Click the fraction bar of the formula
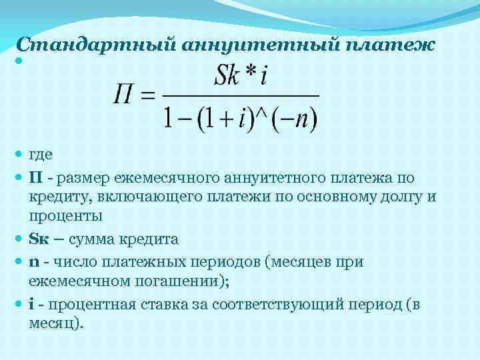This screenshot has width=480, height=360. (241, 96)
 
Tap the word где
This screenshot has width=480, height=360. (41, 154)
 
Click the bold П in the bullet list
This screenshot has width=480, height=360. (34, 177)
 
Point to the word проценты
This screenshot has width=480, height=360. (65, 216)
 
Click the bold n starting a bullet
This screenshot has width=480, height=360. (33, 262)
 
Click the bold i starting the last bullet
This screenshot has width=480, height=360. (31, 304)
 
